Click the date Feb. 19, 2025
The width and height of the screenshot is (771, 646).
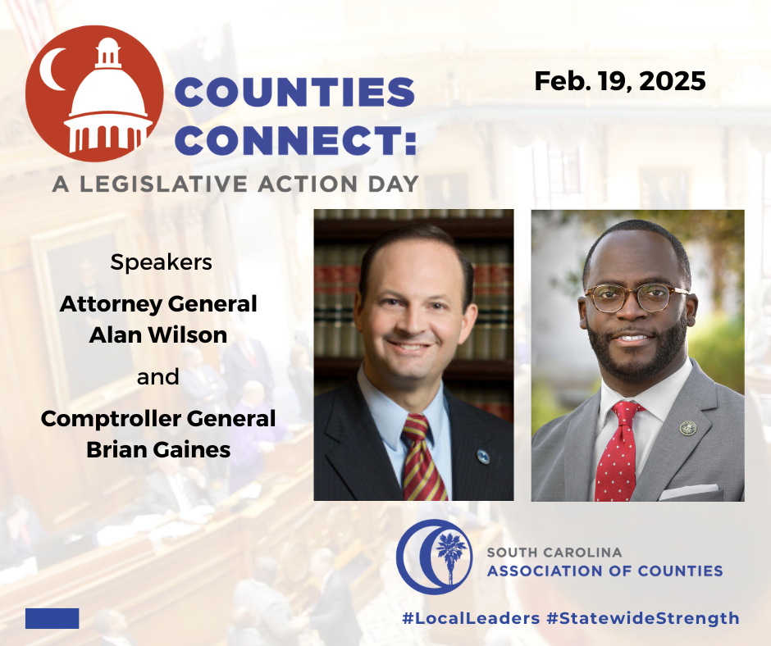pyautogui.click(x=620, y=81)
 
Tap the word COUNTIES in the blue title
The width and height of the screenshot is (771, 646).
pyautogui.click(x=295, y=92)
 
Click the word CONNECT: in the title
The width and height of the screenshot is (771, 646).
pyautogui.click(x=296, y=140)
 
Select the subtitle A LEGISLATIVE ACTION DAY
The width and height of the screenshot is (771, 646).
pyautogui.click(x=235, y=184)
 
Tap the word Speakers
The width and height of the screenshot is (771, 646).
pyautogui.click(x=162, y=262)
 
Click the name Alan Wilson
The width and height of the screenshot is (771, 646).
pyautogui.click(x=158, y=334)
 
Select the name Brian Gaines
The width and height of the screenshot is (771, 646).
pyautogui.click(x=158, y=449)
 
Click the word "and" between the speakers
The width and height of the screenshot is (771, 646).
pyautogui.click(x=157, y=377)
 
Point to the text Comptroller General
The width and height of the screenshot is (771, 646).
pyautogui.click(x=158, y=419)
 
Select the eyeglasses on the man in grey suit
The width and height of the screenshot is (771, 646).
pyautogui.click(x=636, y=298)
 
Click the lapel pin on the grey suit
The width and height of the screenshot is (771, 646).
pyautogui.click(x=688, y=428)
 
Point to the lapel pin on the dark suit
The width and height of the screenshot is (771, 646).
pyautogui.click(x=483, y=457)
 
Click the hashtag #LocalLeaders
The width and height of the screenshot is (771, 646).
pyautogui.click(x=471, y=618)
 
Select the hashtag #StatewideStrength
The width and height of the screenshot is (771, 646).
pyautogui.click(x=643, y=618)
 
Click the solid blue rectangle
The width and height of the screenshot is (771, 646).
pyautogui.click(x=52, y=618)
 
